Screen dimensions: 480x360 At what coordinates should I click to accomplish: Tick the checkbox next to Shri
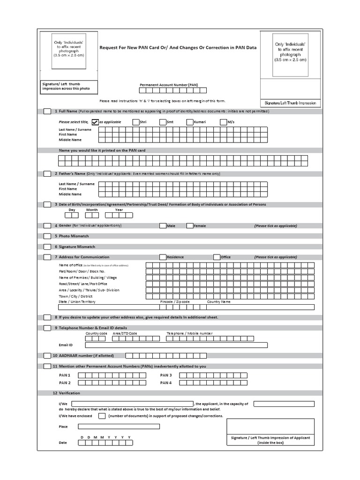tap(136, 122)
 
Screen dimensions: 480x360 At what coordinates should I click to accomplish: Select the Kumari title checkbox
tap(190, 122)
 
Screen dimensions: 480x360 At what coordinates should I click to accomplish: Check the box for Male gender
tap(163, 225)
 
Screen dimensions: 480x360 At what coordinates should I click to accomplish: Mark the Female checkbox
tap(190, 225)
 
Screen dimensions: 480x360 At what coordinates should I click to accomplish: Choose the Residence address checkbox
tap(163, 257)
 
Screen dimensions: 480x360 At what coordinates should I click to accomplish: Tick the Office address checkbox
tap(217, 257)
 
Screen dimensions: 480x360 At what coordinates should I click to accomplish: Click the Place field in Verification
tap(119, 427)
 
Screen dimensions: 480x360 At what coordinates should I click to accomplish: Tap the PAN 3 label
tap(166, 375)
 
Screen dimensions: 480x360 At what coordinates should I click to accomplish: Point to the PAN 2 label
tap(64, 382)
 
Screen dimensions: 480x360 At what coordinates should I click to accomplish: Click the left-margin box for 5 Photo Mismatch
tap(47, 236)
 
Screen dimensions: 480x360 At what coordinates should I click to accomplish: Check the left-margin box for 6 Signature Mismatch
tap(47, 247)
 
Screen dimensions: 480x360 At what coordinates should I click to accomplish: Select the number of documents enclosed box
tap(102, 416)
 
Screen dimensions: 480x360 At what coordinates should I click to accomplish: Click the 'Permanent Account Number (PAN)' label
tap(169, 85)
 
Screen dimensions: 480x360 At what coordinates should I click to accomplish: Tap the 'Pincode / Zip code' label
tap(175, 302)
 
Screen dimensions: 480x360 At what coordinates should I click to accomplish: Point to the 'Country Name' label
tap(219, 302)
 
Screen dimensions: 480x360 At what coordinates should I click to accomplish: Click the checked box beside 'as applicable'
tap(95, 122)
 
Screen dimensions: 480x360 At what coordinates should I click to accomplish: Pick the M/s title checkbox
tap(224, 122)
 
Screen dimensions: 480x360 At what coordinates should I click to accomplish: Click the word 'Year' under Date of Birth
tap(120, 210)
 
